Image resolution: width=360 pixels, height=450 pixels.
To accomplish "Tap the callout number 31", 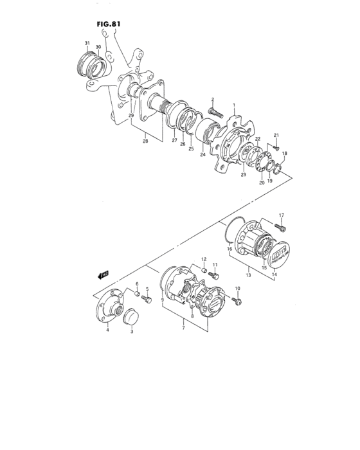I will [87, 43].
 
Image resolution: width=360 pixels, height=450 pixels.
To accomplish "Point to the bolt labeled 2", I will [215, 110].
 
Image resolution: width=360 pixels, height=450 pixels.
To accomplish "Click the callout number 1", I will [234, 105].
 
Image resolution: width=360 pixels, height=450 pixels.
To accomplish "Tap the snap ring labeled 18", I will [277, 169].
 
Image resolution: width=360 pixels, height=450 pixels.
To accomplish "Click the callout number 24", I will [202, 154].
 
